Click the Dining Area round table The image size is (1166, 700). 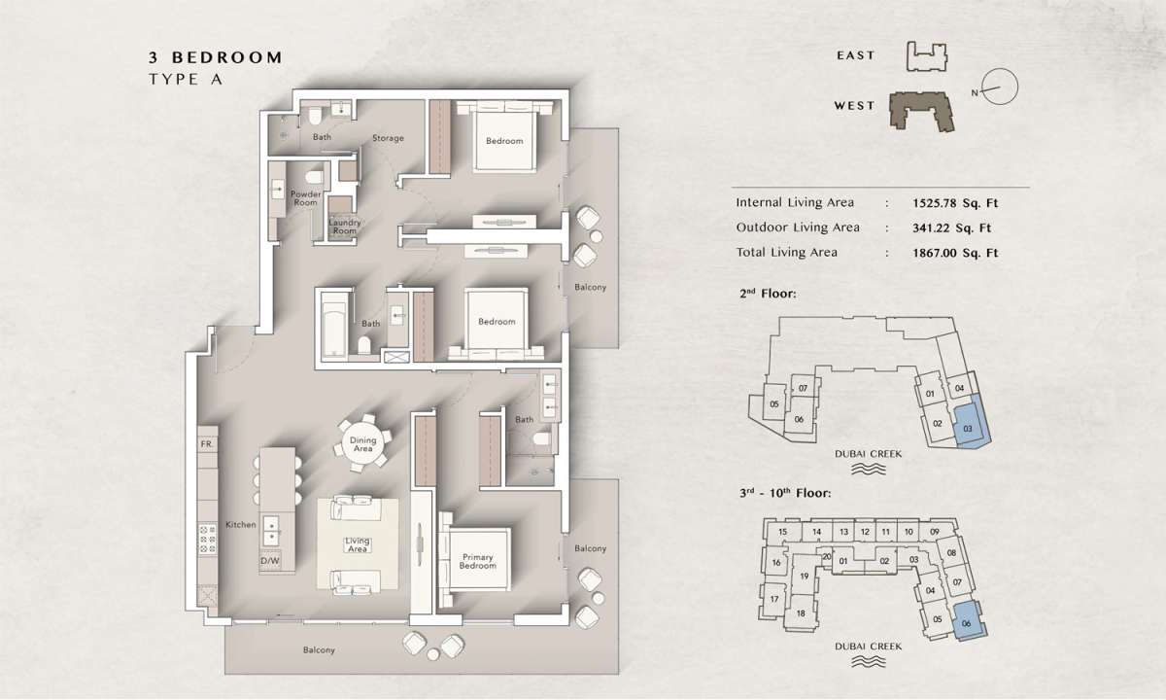pos(362,443)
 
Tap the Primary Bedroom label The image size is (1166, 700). pos(477,561)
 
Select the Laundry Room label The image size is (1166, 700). pos(345,227)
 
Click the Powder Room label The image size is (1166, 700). pos(305,198)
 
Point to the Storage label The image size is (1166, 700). pos(388,138)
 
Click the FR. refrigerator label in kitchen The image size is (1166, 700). pos(207,444)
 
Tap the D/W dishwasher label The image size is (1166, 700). pos(270,561)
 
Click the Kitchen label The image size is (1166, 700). pos(241,524)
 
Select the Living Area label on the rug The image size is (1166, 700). pos(358,544)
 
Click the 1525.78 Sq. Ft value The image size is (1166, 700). pos(955,203)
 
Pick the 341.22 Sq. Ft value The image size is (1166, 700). pos(951,228)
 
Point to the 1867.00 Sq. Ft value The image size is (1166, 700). pos(955,253)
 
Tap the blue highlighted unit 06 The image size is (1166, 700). pos(970,621)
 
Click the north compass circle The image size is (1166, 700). pos(1000,87)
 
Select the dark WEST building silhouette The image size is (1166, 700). pos(921,111)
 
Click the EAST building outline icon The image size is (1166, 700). pos(927,56)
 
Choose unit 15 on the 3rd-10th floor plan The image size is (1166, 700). pos(782,532)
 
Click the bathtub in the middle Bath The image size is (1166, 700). pos(333,326)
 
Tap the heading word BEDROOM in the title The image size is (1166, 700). pos(227,57)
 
